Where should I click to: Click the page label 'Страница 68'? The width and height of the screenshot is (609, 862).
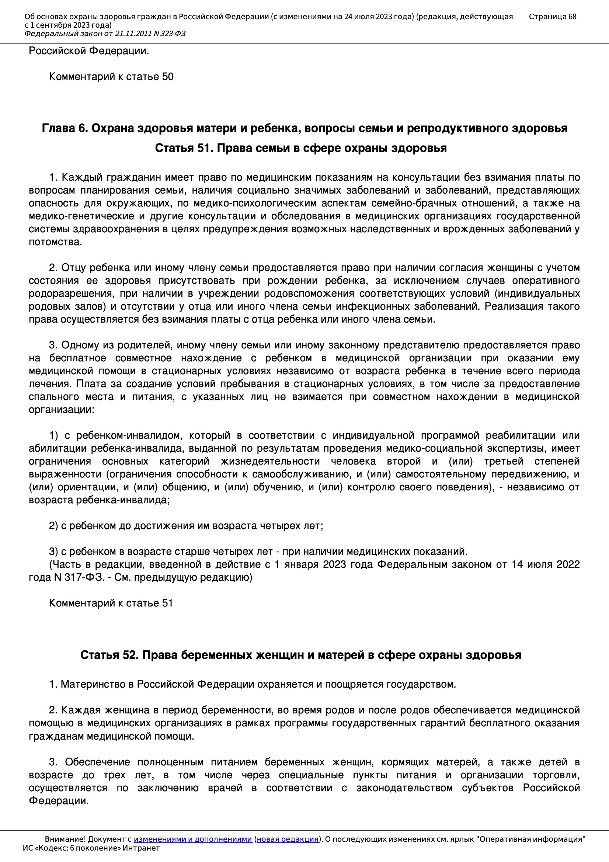(552, 17)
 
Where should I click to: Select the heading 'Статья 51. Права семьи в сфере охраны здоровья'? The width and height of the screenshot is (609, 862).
(301, 148)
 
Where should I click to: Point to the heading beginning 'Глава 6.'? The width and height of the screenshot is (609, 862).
(304, 128)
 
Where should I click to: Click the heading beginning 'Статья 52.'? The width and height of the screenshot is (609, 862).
(301, 655)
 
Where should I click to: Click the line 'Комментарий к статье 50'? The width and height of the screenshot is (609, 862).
(111, 77)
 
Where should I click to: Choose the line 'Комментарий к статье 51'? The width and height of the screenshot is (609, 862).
(111, 603)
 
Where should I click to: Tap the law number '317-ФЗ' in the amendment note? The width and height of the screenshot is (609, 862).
(84, 577)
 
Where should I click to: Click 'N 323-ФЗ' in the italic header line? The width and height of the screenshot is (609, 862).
(169, 34)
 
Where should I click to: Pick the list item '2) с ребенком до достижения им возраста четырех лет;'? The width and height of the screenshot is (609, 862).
(186, 526)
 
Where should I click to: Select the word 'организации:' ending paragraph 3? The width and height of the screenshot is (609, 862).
(62, 410)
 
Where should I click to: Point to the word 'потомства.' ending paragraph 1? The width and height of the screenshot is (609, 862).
(55, 242)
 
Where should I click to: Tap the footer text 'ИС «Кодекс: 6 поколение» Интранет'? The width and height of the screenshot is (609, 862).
(91, 848)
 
